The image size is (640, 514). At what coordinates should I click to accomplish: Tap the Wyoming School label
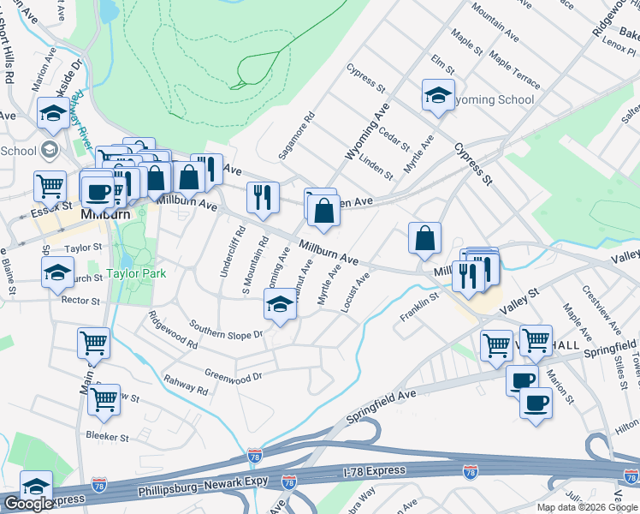click(x=494, y=100)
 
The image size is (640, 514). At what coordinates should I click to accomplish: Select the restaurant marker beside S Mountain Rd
click(x=263, y=197)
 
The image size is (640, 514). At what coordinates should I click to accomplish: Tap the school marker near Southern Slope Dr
click(x=280, y=306)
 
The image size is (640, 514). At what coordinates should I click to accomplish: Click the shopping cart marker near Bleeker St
click(x=104, y=398)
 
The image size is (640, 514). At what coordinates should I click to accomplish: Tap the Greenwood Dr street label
click(x=233, y=375)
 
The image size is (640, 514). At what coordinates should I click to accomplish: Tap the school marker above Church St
click(x=57, y=271)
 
